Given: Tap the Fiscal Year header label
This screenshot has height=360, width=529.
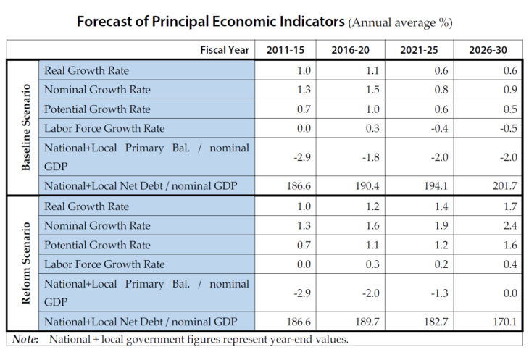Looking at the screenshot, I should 225,50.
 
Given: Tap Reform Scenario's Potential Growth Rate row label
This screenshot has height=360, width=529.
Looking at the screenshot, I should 97,245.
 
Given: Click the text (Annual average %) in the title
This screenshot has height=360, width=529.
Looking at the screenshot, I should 401,22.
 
